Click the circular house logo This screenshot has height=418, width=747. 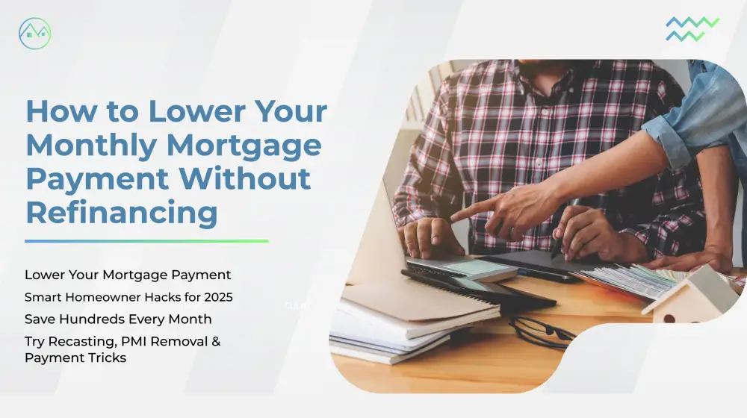[x=35, y=34]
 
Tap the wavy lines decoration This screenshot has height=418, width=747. [x=692, y=29]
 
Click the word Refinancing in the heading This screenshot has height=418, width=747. [x=122, y=212]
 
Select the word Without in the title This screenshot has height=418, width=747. [x=245, y=178]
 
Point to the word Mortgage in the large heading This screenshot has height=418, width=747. [x=244, y=146]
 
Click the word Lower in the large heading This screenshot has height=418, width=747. [x=196, y=111]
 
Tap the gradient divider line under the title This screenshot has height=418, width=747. [x=146, y=241]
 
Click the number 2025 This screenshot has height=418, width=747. [x=218, y=297]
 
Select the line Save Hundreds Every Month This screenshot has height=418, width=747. [x=118, y=319]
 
